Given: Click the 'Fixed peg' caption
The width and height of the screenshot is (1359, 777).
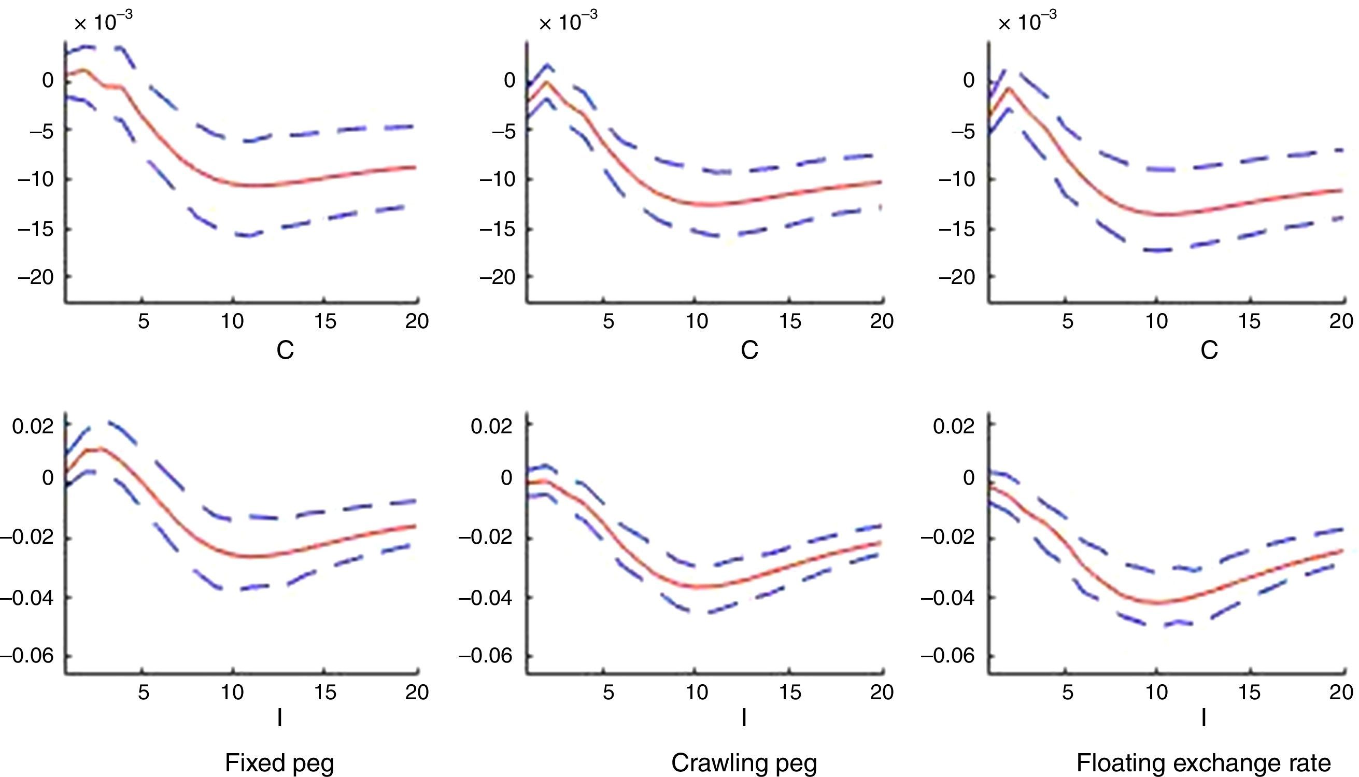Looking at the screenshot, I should tap(279, 762).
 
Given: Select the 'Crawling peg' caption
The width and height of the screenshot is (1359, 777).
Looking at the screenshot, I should tap(744, 762).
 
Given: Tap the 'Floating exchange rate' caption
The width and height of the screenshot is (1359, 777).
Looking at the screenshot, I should tap(1203, 762).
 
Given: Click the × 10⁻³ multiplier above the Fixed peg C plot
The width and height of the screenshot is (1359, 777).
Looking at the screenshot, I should tap(103, 22).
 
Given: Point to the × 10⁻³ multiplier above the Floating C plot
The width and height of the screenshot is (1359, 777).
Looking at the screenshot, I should tap(1027, 22).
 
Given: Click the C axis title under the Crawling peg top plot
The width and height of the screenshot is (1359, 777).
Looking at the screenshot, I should tap(749, 350).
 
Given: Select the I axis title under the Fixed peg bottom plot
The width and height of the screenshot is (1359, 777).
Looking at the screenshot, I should tap(279, 718).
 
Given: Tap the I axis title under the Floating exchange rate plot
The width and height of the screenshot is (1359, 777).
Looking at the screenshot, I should tap(1203, 718).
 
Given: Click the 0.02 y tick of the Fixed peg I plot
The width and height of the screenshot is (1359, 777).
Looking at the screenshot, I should tap(33, 427).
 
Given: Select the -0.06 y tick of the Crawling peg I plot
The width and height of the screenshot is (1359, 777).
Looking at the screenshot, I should tap(485, 655).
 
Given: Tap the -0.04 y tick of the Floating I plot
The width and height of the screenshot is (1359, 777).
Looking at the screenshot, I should tap(947, 598).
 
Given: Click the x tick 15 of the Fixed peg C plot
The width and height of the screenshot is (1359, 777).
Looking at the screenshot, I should tap(325, 321).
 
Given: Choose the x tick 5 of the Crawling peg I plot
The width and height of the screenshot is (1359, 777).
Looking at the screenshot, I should tap(608, 692).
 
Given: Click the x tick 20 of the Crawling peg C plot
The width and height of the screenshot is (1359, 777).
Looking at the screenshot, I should tap(882, 321).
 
